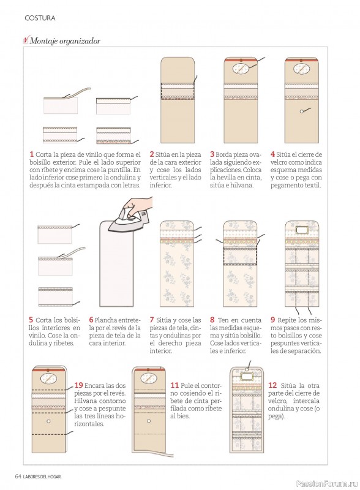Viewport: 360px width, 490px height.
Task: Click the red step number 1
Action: point(32,154)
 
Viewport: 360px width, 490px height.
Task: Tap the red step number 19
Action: point(78,385)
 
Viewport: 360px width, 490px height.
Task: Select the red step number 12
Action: point(272,385)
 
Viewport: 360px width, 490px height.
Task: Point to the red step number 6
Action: point(91,320)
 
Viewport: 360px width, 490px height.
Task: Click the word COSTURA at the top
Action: point(40,18)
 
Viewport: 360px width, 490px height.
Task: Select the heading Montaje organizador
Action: point(65,41)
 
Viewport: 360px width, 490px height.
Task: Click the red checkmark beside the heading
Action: point(26,40)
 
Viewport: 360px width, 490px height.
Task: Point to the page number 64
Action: point(18,477)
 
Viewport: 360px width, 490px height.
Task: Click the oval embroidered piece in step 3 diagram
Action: point(240,68)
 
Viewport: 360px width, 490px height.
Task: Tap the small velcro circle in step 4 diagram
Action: point(302,111)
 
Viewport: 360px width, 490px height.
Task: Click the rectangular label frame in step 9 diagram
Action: point(302,230)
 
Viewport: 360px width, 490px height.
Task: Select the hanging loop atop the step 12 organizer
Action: point(249,365)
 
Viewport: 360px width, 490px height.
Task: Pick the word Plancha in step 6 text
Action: point(105,320)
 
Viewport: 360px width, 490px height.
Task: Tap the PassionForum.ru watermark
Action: point(326,483)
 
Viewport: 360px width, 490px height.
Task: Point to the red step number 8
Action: point(212,320)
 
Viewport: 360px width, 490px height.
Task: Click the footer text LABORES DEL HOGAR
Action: point(42,477)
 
